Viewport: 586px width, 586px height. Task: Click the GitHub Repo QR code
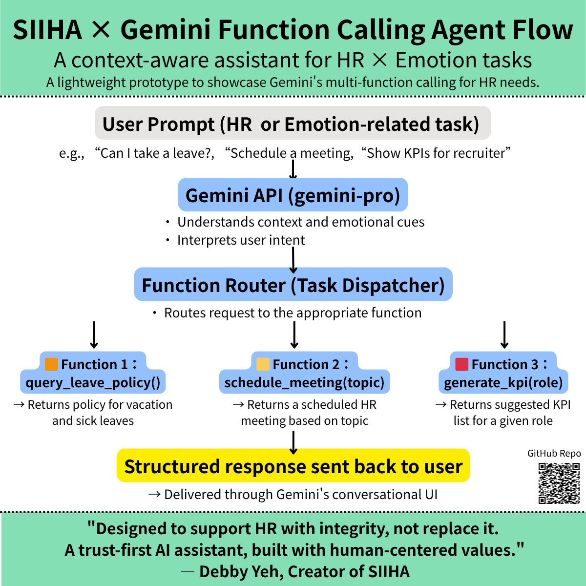(x=559, y=483)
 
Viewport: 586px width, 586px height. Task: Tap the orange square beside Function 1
(x=51, y=364)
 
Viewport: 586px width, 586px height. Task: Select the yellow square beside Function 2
(x=263, y=364)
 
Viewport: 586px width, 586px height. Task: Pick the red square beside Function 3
(x=461, y=364)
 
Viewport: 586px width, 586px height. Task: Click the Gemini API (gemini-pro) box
(x=293, y=195)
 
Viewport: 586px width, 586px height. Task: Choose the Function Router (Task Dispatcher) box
(x=293, y=285)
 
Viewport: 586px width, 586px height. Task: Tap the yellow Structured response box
(x=293, y=466)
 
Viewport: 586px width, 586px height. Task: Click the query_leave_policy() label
(x=93, y=382)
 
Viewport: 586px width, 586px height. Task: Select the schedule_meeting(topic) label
(x=304, y=382)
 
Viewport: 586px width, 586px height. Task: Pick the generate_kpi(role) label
(x=503, y=382)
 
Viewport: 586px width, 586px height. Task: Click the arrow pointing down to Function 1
(x=94, y=335)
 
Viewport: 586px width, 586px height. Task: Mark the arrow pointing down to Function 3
(x=505, y=335)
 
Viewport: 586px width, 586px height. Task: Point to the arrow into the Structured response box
(x=293, y=442)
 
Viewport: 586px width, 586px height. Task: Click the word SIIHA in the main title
(x=47, y=30)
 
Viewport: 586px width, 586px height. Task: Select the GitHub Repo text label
(x=554, y=453)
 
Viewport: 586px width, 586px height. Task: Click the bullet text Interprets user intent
(x=241, y=240)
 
